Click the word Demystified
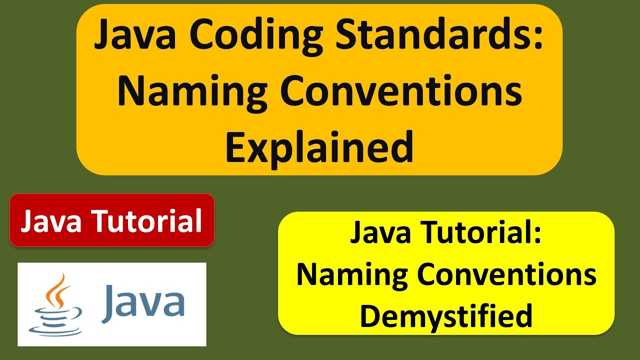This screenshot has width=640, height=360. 446,316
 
